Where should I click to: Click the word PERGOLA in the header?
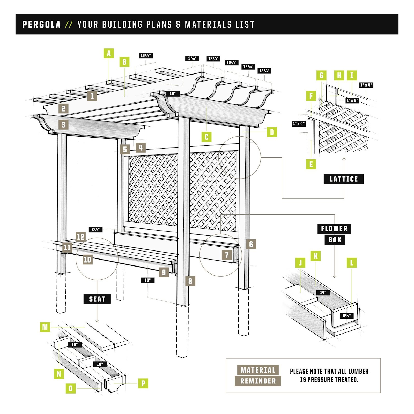pos(41,25)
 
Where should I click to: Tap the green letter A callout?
pos(109,54)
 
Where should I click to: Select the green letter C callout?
pos(206,137)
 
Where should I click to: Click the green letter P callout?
pos(143,383)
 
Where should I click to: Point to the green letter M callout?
pos(45,327)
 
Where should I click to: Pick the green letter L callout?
pos(352,263)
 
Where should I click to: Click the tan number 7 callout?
pos(227,255)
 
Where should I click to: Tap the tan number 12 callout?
pos(80,237)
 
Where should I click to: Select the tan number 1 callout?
pos(92,96)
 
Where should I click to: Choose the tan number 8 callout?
pos(190,281)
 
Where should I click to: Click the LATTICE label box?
pos(344,179)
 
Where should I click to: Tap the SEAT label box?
pos(97,299)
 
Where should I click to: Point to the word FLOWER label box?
pos(334,229)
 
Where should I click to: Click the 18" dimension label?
pos(147,280)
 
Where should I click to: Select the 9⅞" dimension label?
pos(192,58)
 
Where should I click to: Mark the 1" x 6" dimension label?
pos(352,100)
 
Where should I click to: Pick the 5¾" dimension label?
pos(346,316)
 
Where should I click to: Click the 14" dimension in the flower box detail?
pos(323,293)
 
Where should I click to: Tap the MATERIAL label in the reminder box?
pos(258,370)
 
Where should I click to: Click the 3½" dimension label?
pos(95,230)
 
